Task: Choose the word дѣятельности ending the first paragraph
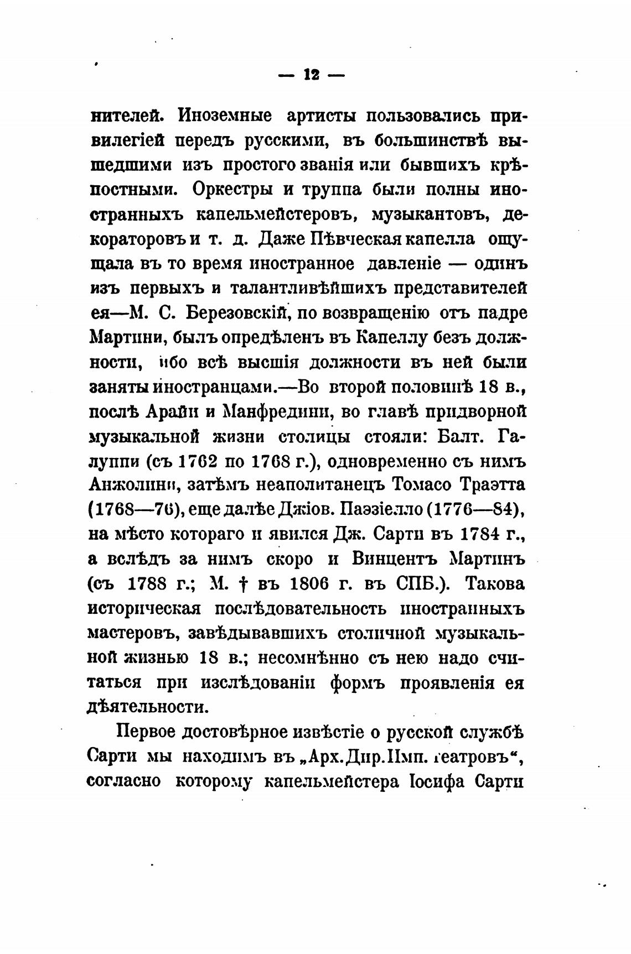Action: point(148,707)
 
